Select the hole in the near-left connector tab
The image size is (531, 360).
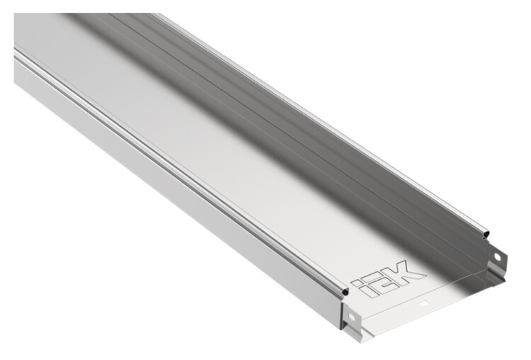tap(351, 318)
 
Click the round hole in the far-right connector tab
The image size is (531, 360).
tap(497, 257)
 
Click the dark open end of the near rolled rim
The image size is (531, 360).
tap(345, 291)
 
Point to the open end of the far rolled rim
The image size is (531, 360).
tap(486, 234)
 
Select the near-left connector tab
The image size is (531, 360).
tap(351, 319)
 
